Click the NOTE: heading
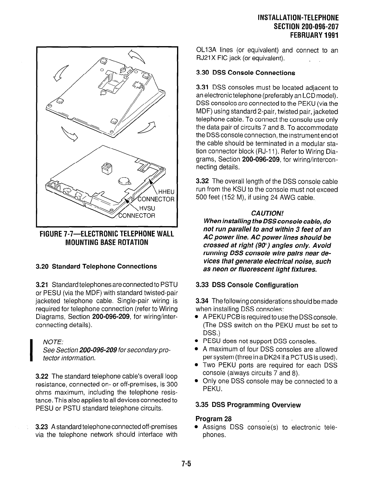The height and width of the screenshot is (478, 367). pyautogui.click(x=53, y=342)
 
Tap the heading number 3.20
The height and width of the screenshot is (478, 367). pyautogui.click(x=42, y=266)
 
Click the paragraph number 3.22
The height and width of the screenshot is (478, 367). pyautogui.click(x=42, y=376)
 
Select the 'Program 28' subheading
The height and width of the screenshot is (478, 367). pyautogui.click(x=213, y=418)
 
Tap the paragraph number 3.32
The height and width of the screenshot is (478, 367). pyautogui.click(x=202, y=181)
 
